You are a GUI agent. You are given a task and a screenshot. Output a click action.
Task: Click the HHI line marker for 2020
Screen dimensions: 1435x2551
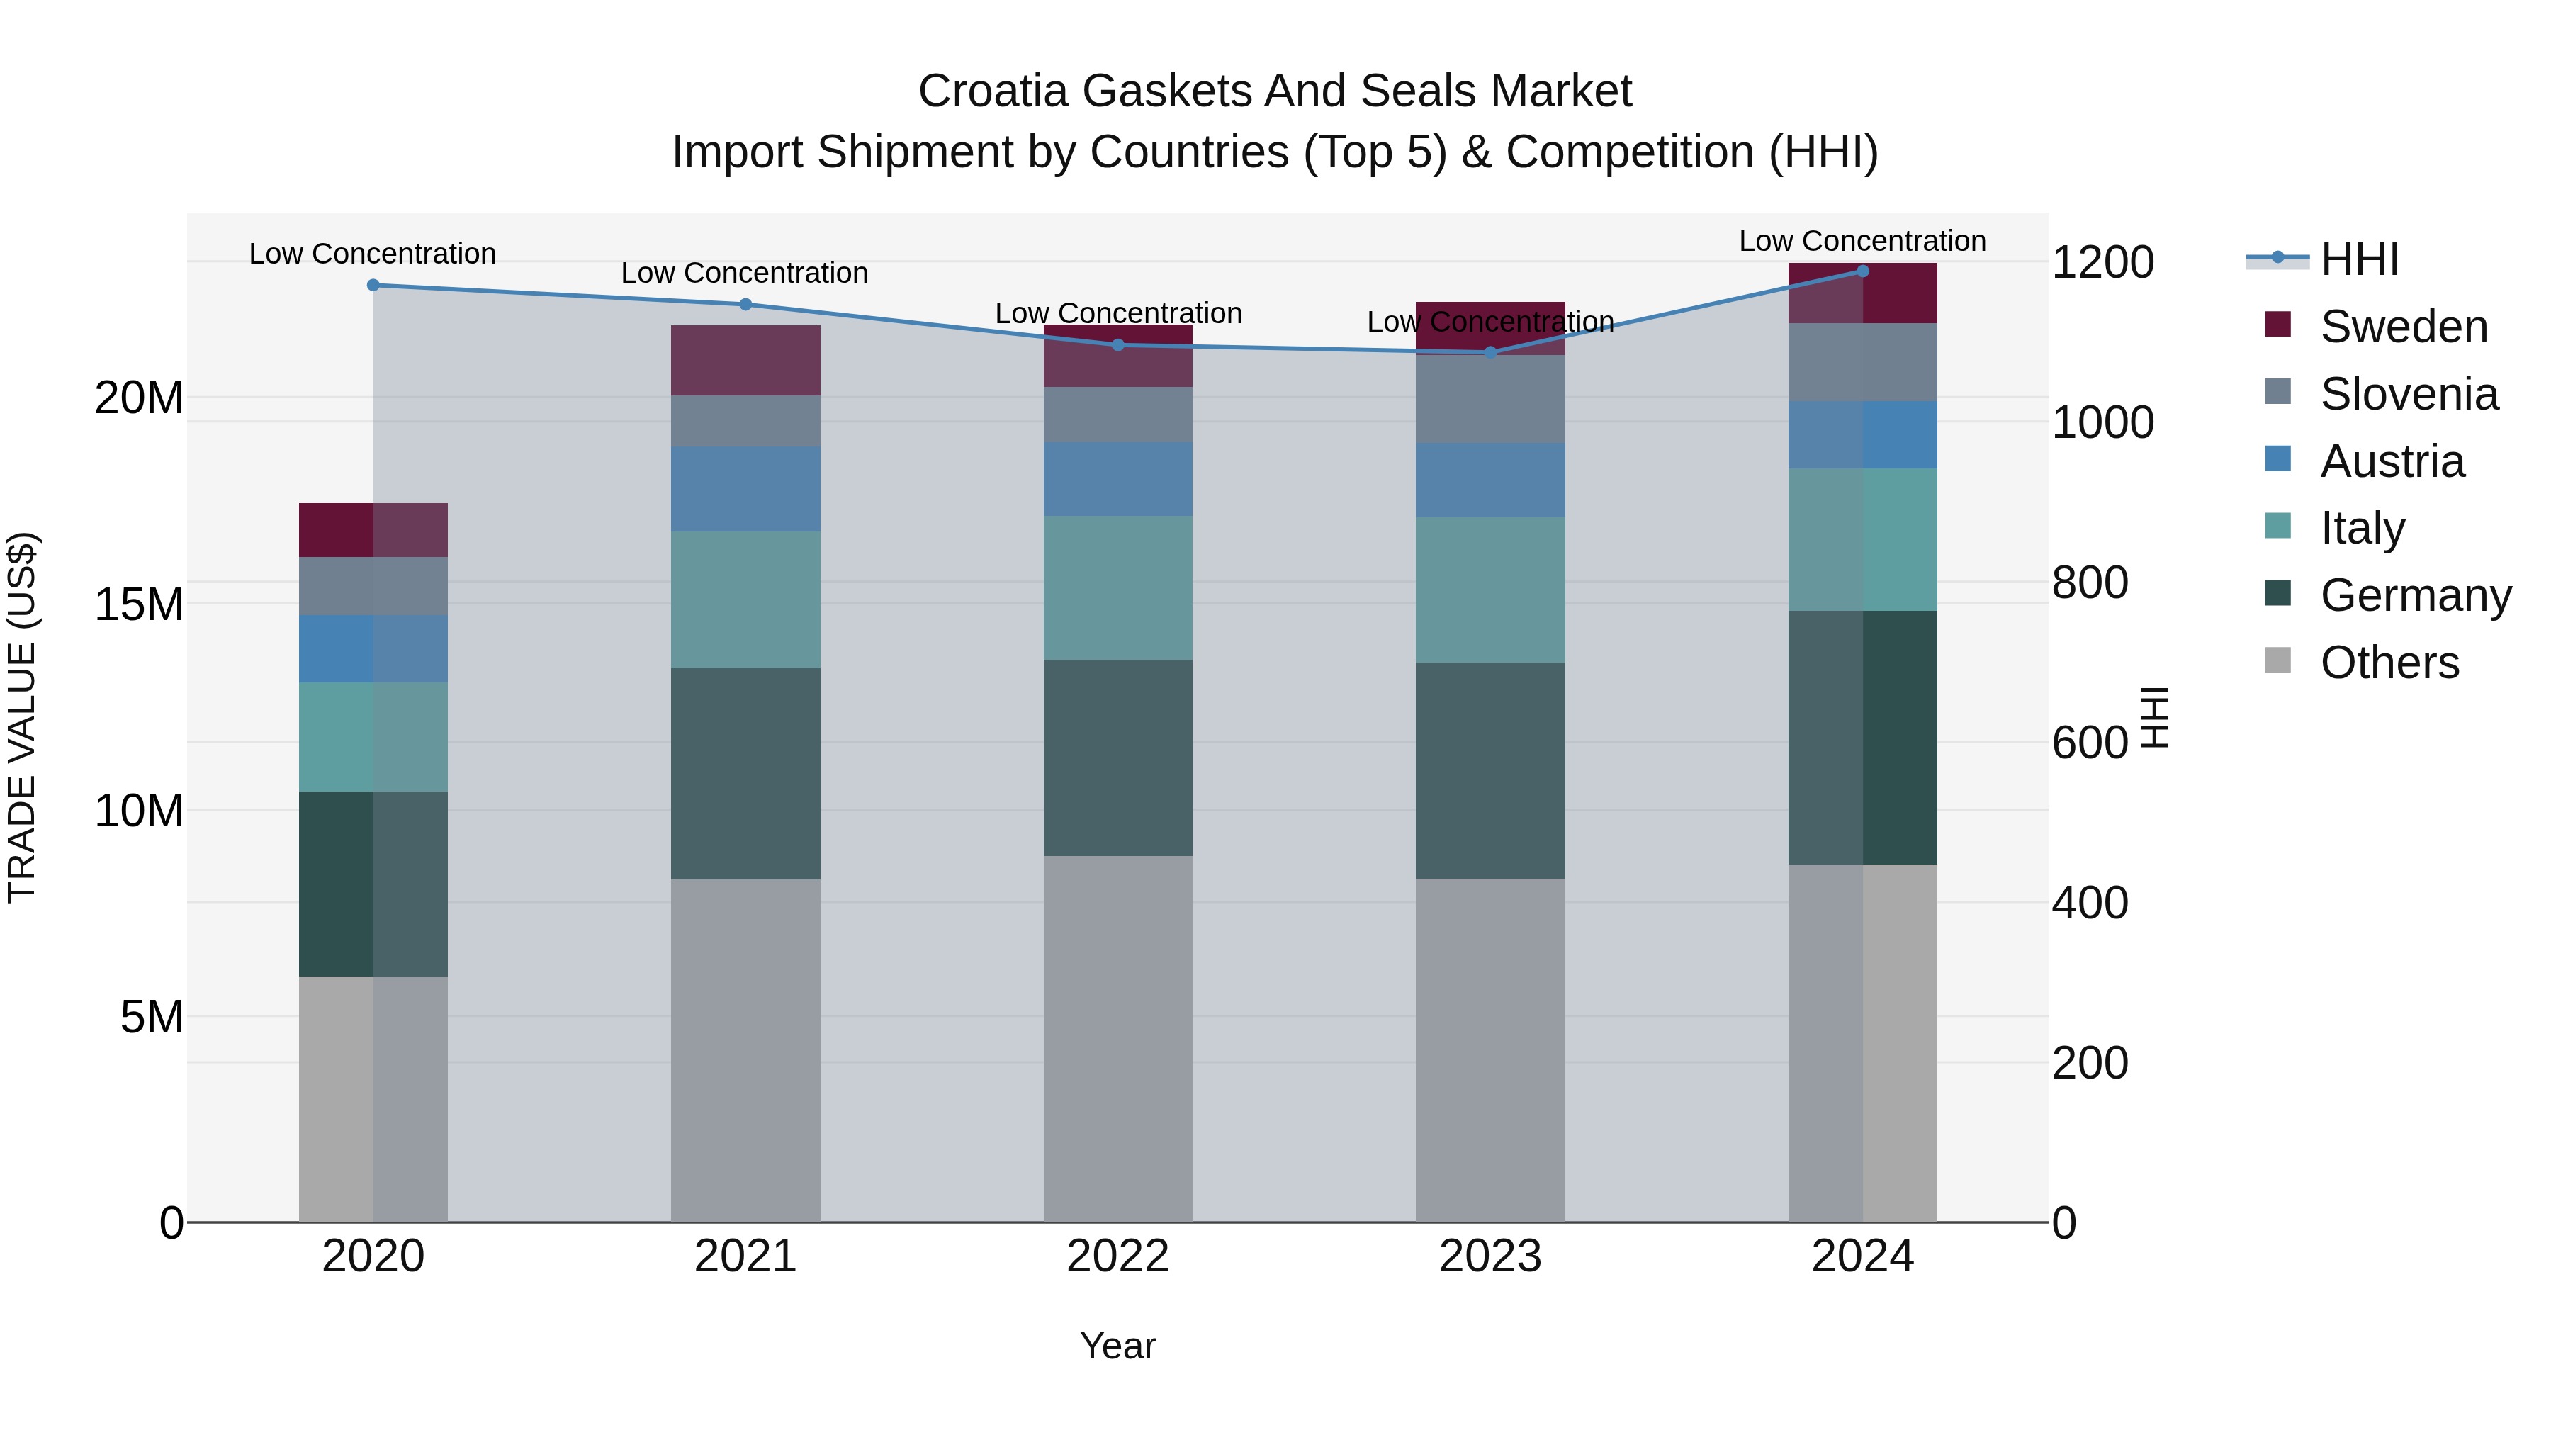373,285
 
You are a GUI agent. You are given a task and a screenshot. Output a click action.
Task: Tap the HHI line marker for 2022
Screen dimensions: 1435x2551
1118,344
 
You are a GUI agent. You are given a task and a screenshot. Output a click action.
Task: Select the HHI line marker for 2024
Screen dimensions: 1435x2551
1863,271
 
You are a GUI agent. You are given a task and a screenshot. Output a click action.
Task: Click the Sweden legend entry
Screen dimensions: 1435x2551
2404,327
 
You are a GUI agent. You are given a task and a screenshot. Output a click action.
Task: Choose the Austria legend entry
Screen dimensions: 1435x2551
2392,461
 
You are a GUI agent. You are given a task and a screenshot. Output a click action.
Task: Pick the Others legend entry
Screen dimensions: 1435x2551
2389,663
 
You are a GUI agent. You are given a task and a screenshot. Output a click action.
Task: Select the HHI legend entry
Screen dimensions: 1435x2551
2359,259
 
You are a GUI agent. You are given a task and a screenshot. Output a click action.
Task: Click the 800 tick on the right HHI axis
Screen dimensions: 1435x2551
2090,583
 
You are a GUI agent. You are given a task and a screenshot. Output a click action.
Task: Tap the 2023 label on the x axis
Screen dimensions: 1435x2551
1490,1256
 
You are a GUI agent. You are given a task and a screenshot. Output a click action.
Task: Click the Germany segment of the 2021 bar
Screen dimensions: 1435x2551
745,773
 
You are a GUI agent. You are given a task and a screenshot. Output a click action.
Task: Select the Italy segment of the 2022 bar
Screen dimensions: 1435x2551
1118,587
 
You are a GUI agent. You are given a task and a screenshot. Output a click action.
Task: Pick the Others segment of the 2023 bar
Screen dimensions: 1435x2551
1490,1049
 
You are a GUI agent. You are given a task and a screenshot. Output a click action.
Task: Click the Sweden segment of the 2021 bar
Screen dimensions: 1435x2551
745,361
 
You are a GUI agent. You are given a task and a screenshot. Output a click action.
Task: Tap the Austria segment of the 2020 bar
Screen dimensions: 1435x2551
373,648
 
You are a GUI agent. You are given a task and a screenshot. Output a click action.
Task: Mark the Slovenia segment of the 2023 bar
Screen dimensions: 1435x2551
1490,399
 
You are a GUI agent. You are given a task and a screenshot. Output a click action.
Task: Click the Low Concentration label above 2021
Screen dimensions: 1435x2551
745,274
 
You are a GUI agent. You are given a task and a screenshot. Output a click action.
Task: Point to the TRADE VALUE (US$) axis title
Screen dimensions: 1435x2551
22,717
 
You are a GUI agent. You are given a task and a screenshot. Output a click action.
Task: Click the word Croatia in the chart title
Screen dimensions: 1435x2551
993,91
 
